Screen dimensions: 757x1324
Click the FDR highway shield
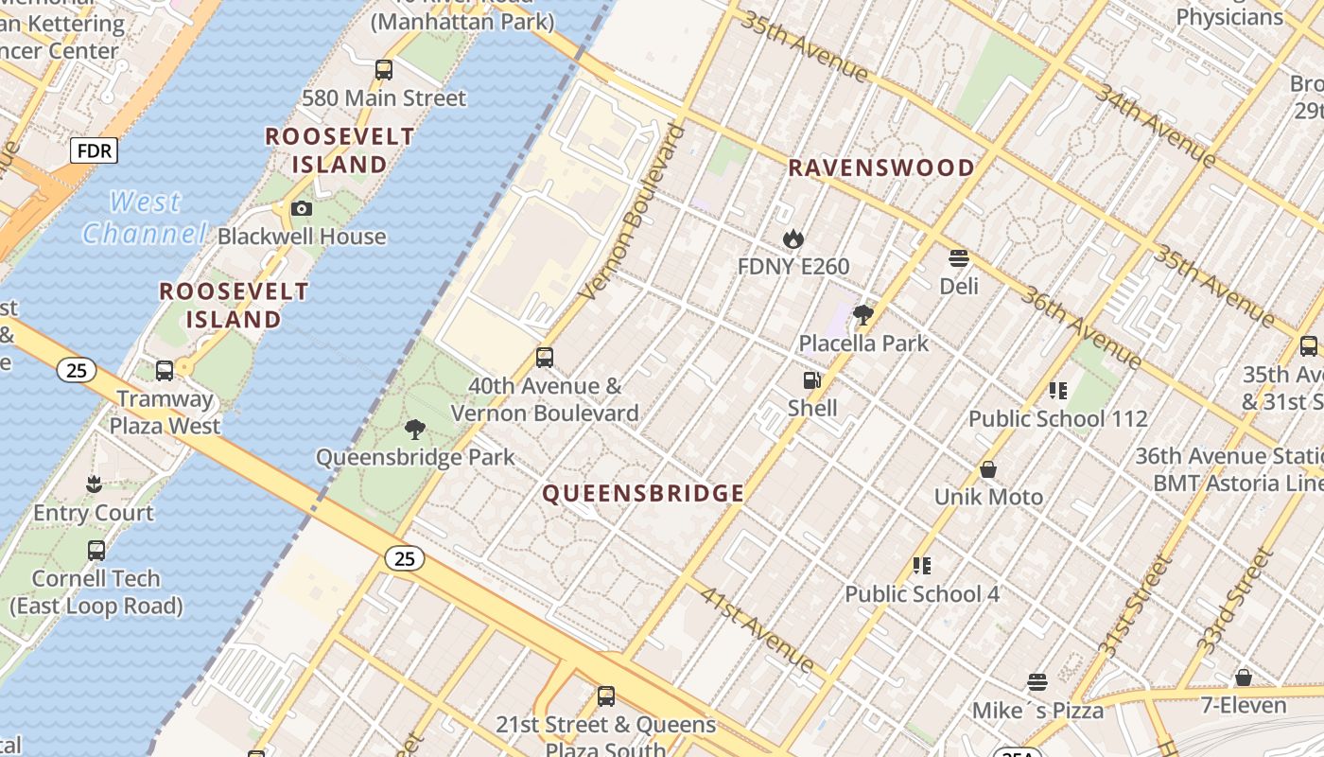(x=94, y=150)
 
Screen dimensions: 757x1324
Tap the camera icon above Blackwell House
(x=302, y=208)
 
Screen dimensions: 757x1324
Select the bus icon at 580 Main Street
(x=383, y=69)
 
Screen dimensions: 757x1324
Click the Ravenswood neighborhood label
(x=880, y=168)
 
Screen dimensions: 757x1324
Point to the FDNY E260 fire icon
(x=793, y=239)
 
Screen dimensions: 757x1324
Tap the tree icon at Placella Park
(x=862, y=315)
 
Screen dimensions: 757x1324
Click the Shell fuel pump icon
(x=811, y=380)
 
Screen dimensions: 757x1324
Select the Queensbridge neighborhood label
(x=643, y=493)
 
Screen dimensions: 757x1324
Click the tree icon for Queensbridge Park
(x=414, y=430)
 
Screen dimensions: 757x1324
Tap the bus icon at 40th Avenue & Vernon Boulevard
(x=545, y=358)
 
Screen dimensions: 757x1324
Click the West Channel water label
(x=144, y=218)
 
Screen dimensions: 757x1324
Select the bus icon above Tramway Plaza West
(x=165, y=370)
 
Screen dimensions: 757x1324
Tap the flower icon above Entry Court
(x=94, y=484)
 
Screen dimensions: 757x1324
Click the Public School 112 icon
(x=1058, y=390)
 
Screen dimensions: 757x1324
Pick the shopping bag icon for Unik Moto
(x=988, y=469)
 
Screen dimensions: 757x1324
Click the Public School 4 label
(x=921, y=594)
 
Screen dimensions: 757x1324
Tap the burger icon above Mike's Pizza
(x=1037, y=682)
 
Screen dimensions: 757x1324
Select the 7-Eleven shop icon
(x=1244, y=678)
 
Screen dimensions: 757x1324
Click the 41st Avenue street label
(x=758, y=629)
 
